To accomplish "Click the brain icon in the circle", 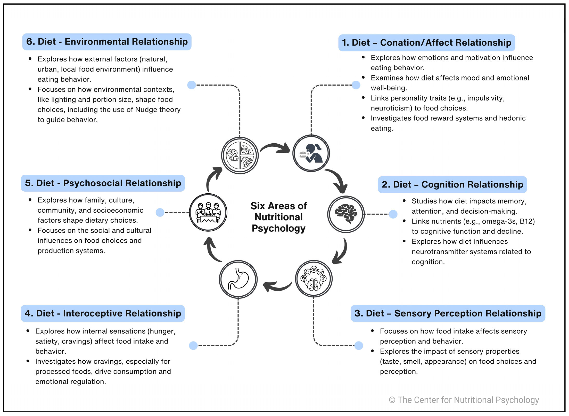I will pyautogui.click(x=346, y=214).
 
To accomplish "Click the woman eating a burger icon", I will pyautogui.click(x=311, y=153).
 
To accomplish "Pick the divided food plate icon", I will pyautogui.click(x=240, y=155).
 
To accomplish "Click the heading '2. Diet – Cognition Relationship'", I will pyautogui.click(x=452, y=185).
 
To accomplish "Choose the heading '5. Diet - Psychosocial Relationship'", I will pyautogui.click(x=103, y=183).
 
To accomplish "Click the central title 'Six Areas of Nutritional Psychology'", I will pyautogui.click(x=279, y=217).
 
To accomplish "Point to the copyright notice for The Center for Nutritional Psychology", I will pyautogui.click(x=464, y=400).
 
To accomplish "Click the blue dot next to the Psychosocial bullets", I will pyautogui.click(x=160, y=213).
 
